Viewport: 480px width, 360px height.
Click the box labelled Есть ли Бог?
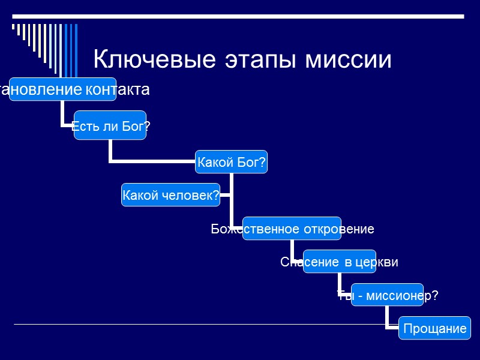click(110, 125)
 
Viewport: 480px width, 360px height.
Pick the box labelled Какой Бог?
click(232, 162)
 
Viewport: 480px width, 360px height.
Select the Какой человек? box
click(170, 195)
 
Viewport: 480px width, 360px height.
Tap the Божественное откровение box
click(292, 229)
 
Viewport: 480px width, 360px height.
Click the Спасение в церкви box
click(339, 262)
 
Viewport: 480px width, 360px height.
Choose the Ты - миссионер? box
click(388, 295)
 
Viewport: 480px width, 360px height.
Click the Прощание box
click(435, 328)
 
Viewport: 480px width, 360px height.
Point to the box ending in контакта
click(60, 90)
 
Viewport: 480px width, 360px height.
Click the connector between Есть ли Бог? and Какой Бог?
click(150, 161)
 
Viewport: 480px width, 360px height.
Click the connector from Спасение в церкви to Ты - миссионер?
click(340, 283)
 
